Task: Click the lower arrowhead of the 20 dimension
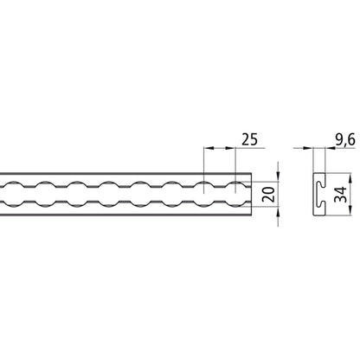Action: pos(277,209)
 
